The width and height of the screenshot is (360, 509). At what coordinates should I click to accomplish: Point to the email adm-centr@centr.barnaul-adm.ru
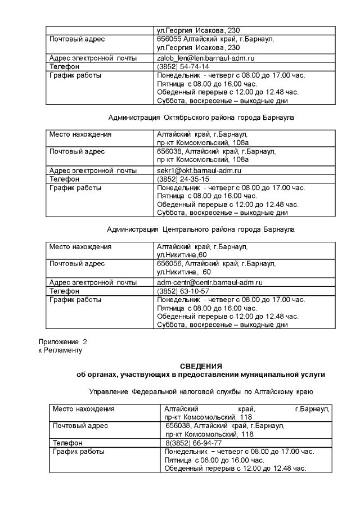[210, 282]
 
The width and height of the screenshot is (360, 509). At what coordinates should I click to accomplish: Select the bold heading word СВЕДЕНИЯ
[201, 366]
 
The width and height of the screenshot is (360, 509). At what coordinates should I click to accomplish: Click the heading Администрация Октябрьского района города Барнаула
[201, 118]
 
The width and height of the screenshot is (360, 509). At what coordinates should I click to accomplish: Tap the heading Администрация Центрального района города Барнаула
[201, 229]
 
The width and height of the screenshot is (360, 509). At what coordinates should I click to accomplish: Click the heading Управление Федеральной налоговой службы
[201, 391]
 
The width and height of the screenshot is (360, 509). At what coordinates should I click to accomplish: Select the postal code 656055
[169, 39]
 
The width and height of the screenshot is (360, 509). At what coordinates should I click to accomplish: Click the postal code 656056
[169, 264]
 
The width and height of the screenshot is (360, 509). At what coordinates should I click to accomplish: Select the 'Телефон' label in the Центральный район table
[65, 291]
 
